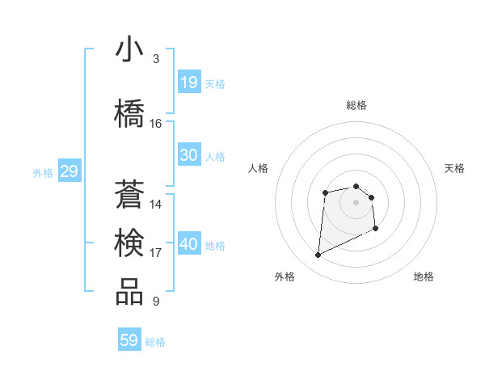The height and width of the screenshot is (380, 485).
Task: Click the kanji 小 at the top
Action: click(x=129, y=49)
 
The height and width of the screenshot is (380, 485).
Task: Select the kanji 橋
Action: click(x=129, y=112)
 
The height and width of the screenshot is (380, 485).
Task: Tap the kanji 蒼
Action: click(x=129, y=193)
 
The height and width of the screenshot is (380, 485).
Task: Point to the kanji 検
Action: click(x=129, y=242)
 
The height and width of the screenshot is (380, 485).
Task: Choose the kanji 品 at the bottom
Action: click(x=129, y=292)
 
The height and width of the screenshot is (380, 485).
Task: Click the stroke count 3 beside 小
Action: click(x=155, y=59)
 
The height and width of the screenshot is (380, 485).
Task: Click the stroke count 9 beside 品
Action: click(x=155, y=302)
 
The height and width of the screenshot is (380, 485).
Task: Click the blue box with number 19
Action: click(x=188, y=82)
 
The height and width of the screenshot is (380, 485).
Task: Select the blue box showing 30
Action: click(x=188, y=155)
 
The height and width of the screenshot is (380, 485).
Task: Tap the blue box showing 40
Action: click(x=188, y=244)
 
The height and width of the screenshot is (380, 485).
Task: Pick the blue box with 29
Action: click(x=69, y=171)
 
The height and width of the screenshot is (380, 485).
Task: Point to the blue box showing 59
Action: click(x=129, y=340)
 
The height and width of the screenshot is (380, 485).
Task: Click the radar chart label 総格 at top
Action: click(x=356, y=105)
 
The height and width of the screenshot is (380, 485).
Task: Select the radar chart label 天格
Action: click(x=454, y=168)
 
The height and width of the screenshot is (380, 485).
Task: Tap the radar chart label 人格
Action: click(x=259, y=168)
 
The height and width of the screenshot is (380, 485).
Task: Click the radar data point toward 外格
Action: click(x=318, y=255)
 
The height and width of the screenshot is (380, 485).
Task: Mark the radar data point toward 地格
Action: click(x=376, y=229)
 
